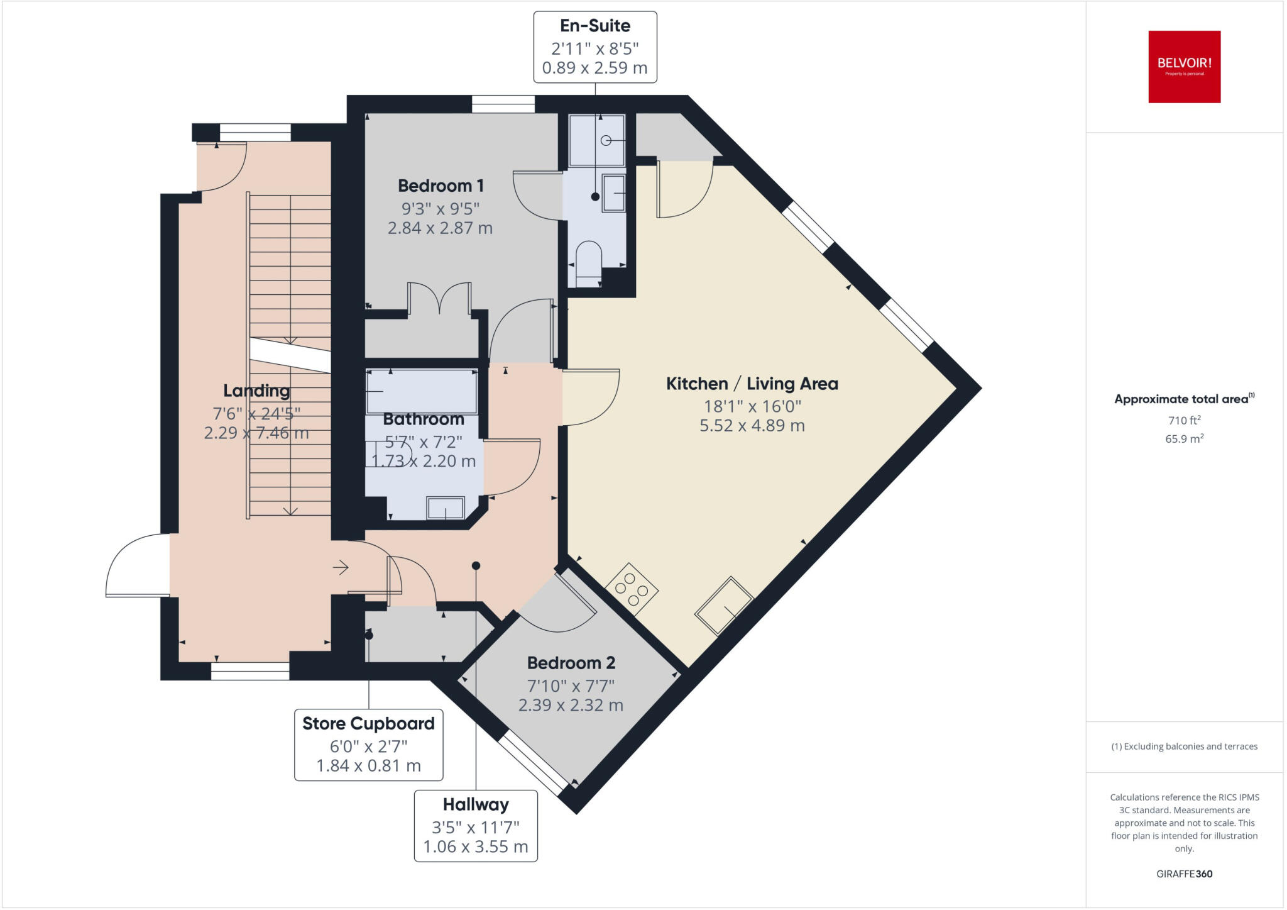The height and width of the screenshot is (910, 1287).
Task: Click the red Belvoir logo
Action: click(1184, 67)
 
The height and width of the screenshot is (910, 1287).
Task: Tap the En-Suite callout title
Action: click(595, 26)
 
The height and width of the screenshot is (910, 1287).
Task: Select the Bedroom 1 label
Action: click(441, 186)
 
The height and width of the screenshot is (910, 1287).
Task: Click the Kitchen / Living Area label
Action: click(752, 384)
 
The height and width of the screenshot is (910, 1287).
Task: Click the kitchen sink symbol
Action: click(724, 606)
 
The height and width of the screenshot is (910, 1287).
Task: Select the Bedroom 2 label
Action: click(571, 663)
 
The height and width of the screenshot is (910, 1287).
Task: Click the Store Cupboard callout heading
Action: click(368, 724)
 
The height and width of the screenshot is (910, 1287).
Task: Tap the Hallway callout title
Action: click(476, 805)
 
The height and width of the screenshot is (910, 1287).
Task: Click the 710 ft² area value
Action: click(1184, 420)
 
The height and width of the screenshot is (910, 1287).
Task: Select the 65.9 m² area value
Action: click(1184, 439)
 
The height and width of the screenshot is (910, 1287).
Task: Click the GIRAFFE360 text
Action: click(1184, 874)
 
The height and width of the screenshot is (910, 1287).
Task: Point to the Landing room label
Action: click(256, 391)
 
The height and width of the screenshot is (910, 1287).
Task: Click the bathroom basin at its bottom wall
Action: click(446, 508)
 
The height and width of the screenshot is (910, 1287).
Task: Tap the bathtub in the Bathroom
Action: click(422, 391)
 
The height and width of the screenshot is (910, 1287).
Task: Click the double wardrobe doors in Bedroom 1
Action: click(439, 298)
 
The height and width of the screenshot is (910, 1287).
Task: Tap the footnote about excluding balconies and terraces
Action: click(1184, 746)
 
